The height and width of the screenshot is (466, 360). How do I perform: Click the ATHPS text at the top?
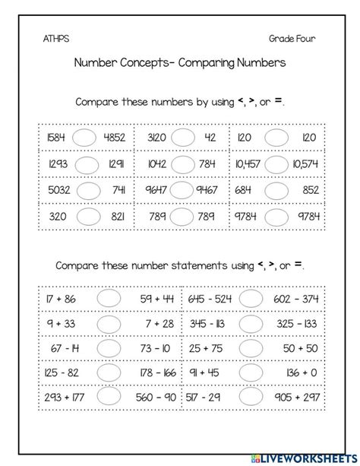tap(54, 38)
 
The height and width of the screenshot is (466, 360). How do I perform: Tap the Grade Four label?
tap(292, 38)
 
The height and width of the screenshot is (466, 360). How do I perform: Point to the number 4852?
tap(113, 139)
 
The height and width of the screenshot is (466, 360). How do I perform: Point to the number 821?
tap(117, 215)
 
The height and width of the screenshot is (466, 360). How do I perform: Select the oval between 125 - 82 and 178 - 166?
tap(109, 375)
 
